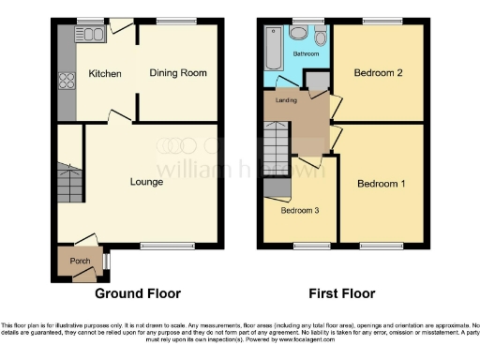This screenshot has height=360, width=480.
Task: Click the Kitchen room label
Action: pyautogui.click(x=105, y=73)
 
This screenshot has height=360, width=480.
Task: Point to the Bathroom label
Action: pyautogui.click(x=305, y=55)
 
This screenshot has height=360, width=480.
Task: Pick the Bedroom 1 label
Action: pyautogui.click(x=382, y=183)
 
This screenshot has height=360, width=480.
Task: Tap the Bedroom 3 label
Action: pyautogui.click(x=300, y=210)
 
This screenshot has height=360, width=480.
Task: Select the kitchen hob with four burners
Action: pyautogui.click(x=66, y=81)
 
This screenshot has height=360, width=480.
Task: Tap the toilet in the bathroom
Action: pyautogui.click(x=322, y=37)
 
